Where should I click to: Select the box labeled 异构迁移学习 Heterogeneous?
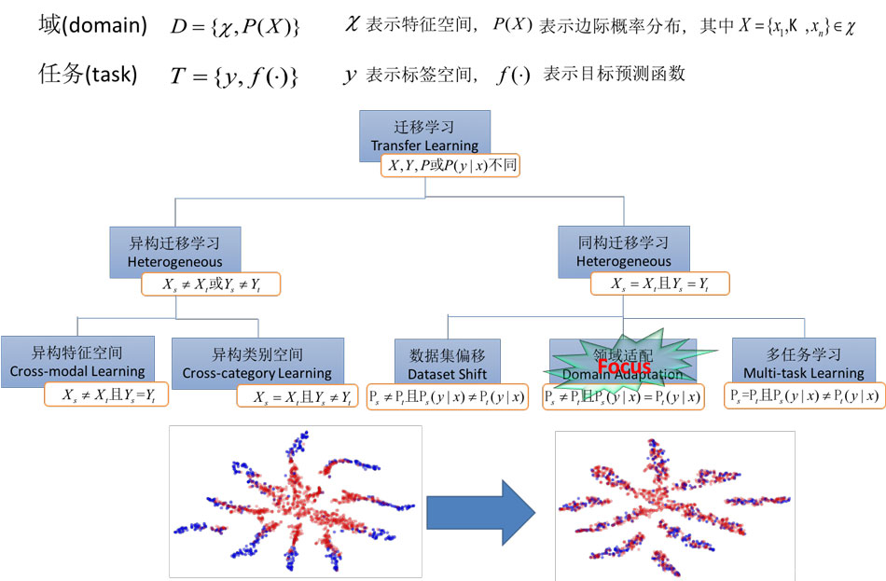[175, 249]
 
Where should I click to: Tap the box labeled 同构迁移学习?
[623, 249]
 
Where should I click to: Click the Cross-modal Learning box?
[77, 360]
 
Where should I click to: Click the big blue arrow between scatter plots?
[480, 511]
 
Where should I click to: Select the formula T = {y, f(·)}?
[234, 76]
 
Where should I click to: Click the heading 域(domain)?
[92, 26]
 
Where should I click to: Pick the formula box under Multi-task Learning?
[804, 395]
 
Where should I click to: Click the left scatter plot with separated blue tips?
[295, 502]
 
